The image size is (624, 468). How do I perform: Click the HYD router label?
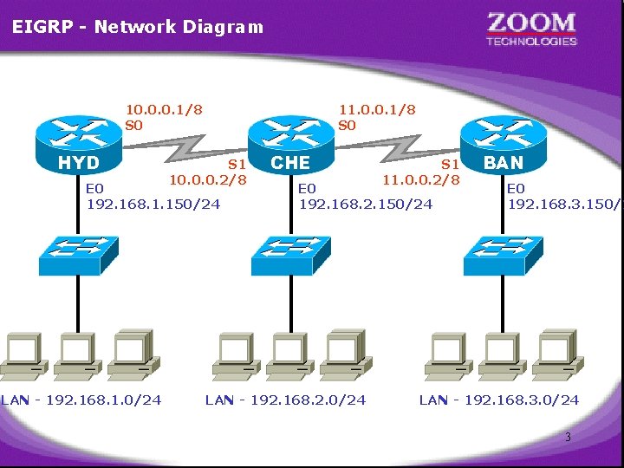78,162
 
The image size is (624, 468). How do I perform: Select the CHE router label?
290,162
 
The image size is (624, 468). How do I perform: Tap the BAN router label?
504,162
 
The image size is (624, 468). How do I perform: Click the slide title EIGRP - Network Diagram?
138,26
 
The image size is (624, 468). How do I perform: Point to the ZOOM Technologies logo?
531,28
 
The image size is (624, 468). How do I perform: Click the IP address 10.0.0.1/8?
165,109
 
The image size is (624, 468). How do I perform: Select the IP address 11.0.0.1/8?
377,109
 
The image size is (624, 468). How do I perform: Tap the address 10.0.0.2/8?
208,179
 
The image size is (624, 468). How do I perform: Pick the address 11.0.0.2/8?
420,179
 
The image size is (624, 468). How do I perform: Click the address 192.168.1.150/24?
153,204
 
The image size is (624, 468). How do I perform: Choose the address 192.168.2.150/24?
366,204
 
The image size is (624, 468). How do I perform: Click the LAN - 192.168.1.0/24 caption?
81,400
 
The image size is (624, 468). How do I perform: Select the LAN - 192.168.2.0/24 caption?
285,400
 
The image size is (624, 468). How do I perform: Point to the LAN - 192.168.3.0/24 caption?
499,400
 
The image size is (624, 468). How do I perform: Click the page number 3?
568,438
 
